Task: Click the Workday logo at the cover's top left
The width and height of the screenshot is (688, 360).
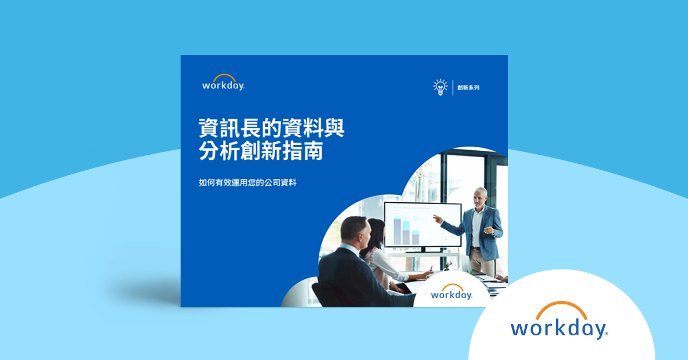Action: point(224,83)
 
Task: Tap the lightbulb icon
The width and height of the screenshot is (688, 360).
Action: point(440,87)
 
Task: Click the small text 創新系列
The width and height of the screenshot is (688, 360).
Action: point(468,88)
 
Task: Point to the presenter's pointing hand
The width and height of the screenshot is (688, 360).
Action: point(438,218)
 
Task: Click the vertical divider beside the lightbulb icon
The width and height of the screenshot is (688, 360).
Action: point(452,88)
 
